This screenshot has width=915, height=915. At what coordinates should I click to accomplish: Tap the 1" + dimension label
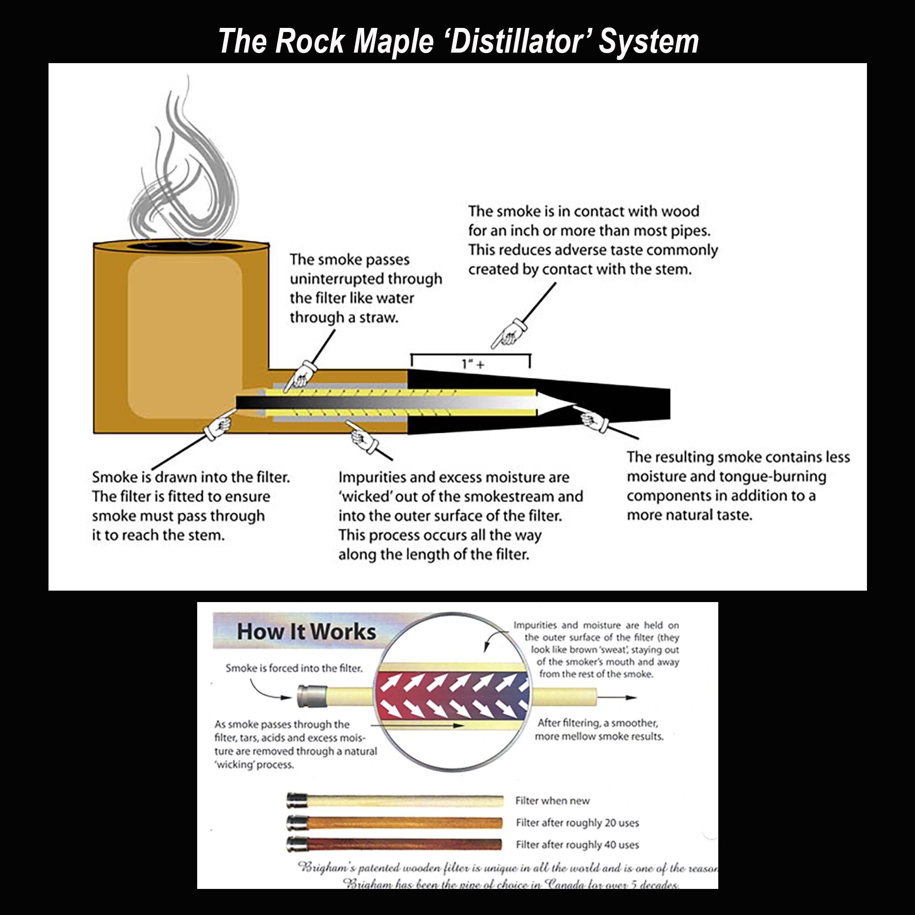coord(473,364)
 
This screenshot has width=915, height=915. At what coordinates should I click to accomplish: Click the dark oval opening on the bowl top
coord(181,246)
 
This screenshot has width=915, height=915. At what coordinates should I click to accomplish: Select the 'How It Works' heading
coord(306,632)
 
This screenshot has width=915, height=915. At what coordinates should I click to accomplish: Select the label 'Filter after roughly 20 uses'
coord(577,823)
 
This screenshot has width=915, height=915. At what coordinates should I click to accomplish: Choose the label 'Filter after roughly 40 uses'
coord(577,845)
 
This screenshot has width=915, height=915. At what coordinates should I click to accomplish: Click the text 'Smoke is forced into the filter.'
coord(294,668)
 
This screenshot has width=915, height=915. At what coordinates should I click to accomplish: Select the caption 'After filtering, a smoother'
coord(597,723)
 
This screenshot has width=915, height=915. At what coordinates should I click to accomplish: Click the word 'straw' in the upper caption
coord(379,318)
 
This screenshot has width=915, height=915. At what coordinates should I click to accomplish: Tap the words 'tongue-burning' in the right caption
coord(772,477)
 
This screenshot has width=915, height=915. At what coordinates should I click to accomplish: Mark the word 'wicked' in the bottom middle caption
coord(365,496)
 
